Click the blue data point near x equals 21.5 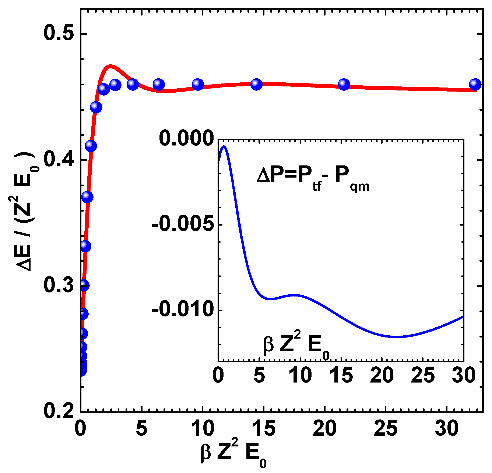[344, 84]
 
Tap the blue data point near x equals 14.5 [256, 84]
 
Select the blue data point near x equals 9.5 [198, 84]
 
